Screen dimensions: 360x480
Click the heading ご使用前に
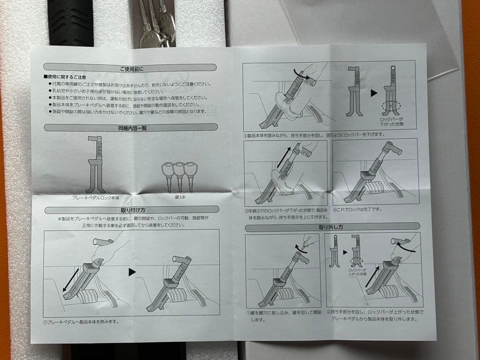pos(131,68)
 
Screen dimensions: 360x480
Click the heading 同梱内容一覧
pos(130,128)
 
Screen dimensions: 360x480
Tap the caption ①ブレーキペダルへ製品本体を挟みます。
pos(81,321)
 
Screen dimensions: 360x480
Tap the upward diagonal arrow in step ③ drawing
pos(284,158)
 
